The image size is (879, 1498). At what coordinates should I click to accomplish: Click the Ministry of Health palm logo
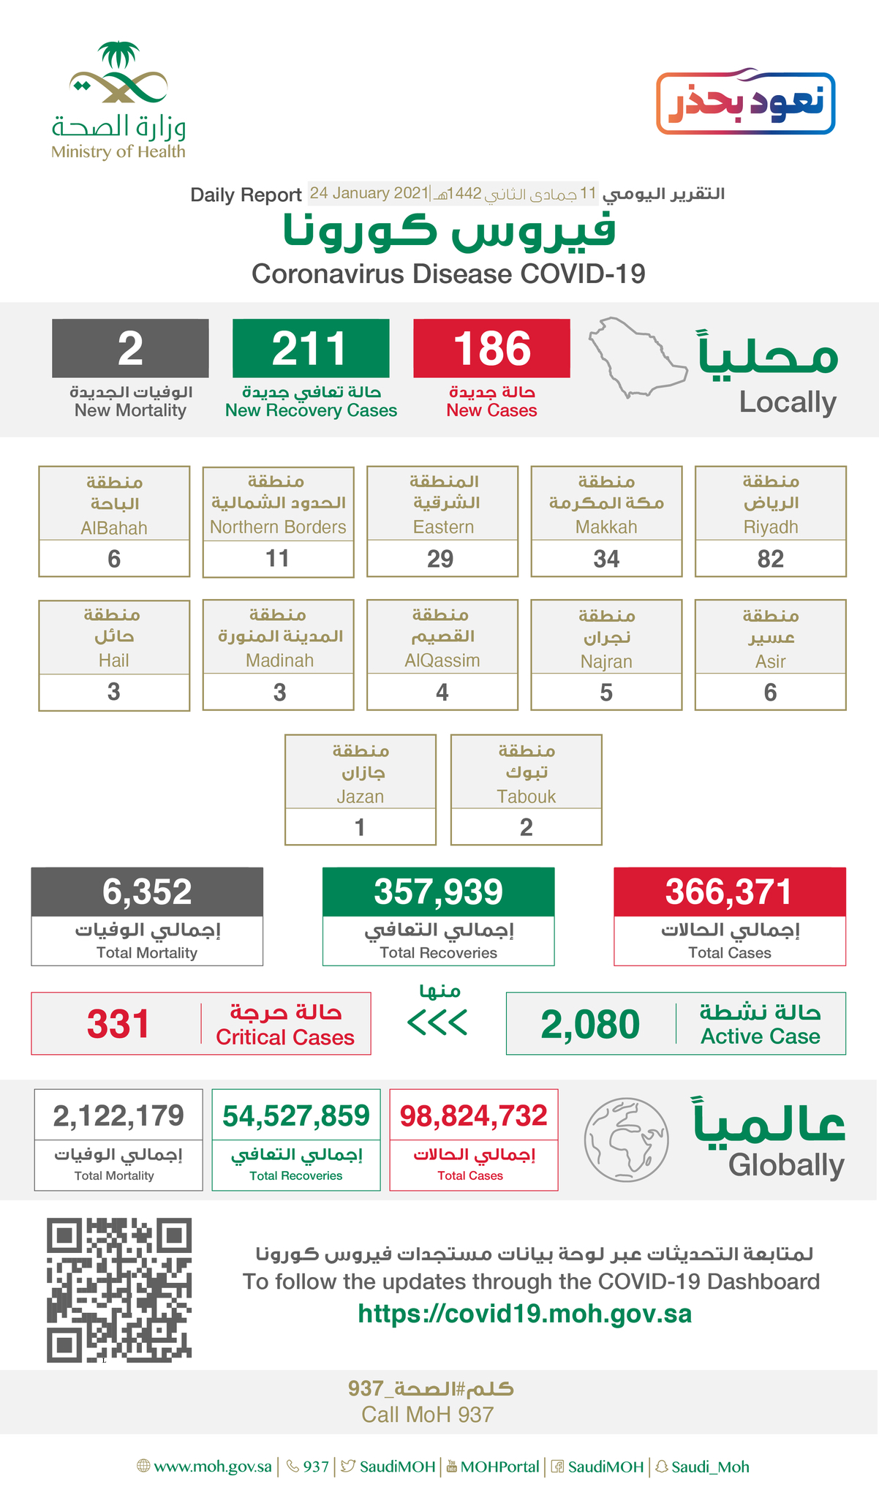tap(118, 73)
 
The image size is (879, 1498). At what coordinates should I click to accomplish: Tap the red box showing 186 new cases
tap(491, 348)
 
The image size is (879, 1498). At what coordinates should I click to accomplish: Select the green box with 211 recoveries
tap(311, 348)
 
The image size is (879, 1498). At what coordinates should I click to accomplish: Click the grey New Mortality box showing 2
tap(130, 348)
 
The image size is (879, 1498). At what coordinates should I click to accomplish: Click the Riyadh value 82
tap(770, 559)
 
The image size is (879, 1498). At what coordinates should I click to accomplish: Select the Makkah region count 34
tap(606, 559)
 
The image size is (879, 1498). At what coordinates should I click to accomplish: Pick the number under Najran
tap(606, 693)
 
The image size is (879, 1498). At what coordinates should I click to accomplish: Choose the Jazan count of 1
tap(360, 827)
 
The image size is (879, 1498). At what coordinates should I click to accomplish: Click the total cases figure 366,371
tap(729, 892)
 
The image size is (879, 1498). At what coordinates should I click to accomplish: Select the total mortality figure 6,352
tap(147, 892)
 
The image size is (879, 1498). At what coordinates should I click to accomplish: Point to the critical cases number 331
tap(118, 1023)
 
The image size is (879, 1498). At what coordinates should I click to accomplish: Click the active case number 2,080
tap(590, 1023)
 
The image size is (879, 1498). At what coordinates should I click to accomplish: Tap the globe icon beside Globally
tap(627, 1139)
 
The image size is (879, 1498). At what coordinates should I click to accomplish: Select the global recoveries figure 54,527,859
tap(296, 1116)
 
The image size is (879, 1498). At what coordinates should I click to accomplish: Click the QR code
tap(119, 1290)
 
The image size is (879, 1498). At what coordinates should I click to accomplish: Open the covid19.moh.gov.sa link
tap(524, 1314)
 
